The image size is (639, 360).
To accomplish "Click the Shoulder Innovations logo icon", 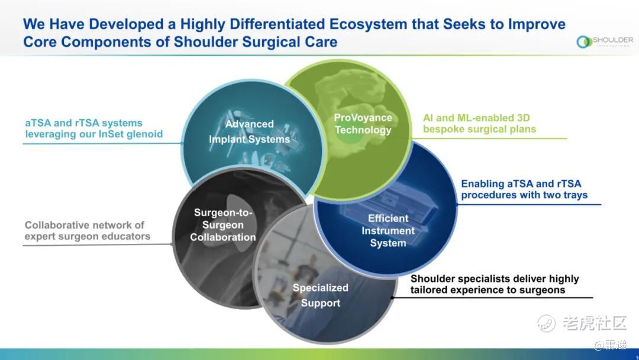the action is tap(584, 41).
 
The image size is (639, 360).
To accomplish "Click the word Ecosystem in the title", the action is tap(368, 24).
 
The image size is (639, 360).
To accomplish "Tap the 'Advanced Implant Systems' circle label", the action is tap(250, 131).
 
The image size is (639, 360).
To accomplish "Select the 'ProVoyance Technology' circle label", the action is tap(363, 124).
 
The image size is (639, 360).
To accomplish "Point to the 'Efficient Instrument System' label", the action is tap(388, 231).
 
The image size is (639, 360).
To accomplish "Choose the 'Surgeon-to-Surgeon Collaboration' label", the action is tap(223, 224).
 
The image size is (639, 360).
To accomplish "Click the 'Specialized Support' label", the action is tap(321, 295).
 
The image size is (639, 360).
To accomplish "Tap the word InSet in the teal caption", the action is tap(111, 134).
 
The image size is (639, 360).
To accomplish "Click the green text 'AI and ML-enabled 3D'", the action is tap(476, 118).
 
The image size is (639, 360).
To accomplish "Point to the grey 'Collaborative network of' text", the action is tap(85, 225).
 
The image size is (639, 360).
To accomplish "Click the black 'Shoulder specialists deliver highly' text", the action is tap(495, 279).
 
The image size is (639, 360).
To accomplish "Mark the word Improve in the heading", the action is tap(537, 24).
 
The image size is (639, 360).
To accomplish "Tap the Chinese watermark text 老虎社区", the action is tap(595, 323).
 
